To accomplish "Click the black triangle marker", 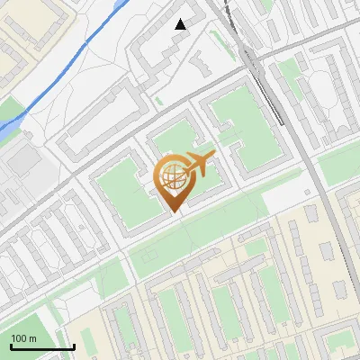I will (x=181, y=24).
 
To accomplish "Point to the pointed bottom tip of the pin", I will (x=174, y=211).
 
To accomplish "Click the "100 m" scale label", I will (x=23, y=338).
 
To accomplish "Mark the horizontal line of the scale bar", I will (x=41, y=346).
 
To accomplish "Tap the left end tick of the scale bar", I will (x=10, y=345).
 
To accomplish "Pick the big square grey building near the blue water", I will (x=22, y=162).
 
